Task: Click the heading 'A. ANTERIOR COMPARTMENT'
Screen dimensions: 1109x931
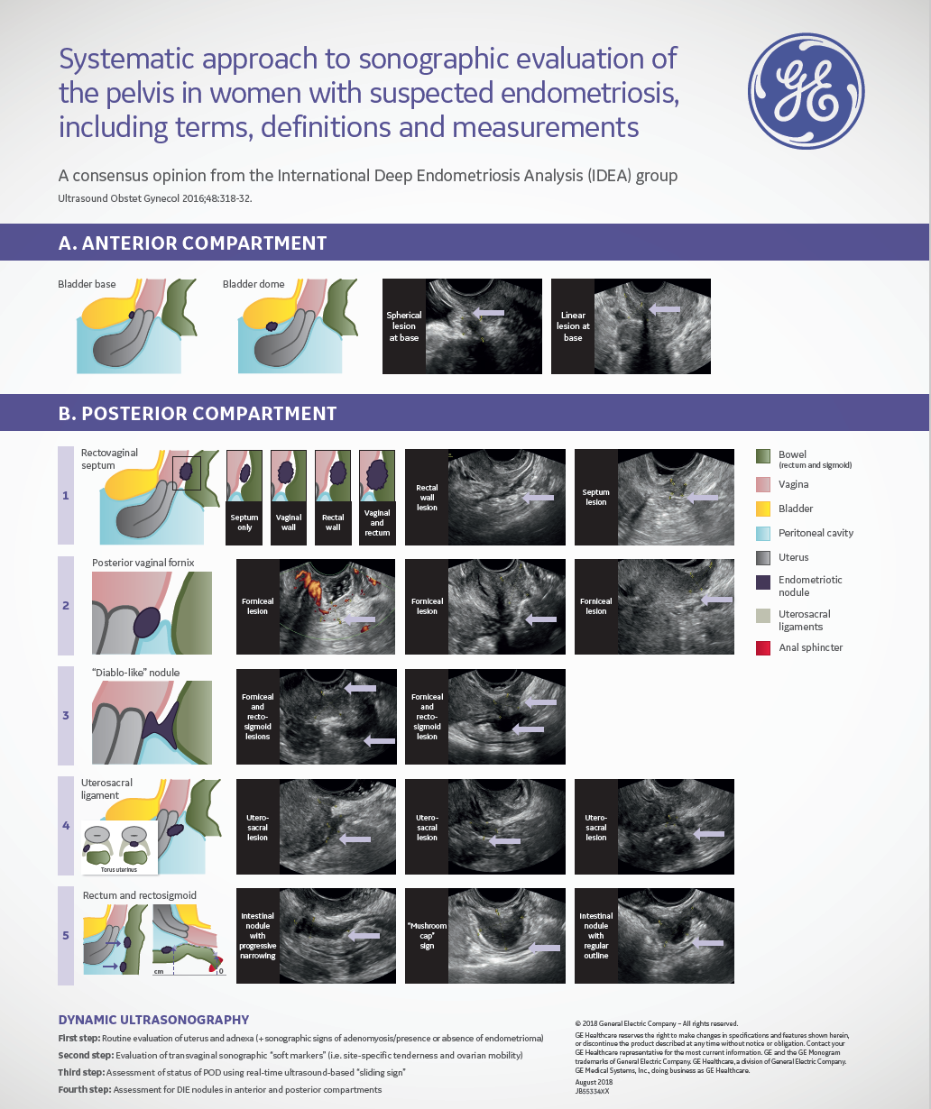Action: coord(192,243)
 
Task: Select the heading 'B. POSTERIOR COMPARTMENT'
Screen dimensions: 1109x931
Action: coord(197,414)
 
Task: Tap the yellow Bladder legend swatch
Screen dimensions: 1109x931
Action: coord(762,509)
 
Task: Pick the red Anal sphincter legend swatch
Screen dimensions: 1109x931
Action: coord(762,647)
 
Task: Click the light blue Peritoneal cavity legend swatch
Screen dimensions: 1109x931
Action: coord(762,533)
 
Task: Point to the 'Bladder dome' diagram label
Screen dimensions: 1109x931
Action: coord(253,284)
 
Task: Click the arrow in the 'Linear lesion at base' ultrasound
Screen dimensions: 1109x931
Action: coord(665,308)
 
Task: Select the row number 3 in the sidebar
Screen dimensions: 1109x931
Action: coord(66,716)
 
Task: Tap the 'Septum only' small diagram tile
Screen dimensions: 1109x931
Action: coord(244,497)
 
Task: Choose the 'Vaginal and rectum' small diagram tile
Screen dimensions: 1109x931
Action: coord(377,497)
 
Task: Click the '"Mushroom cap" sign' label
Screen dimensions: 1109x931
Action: coord(427,936)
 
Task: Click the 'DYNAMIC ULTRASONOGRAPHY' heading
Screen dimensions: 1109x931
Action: coord(153,1020)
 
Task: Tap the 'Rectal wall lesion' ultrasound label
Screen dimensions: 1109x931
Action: coord(427,497)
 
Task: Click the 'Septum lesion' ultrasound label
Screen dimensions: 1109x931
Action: coord(595,497)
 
